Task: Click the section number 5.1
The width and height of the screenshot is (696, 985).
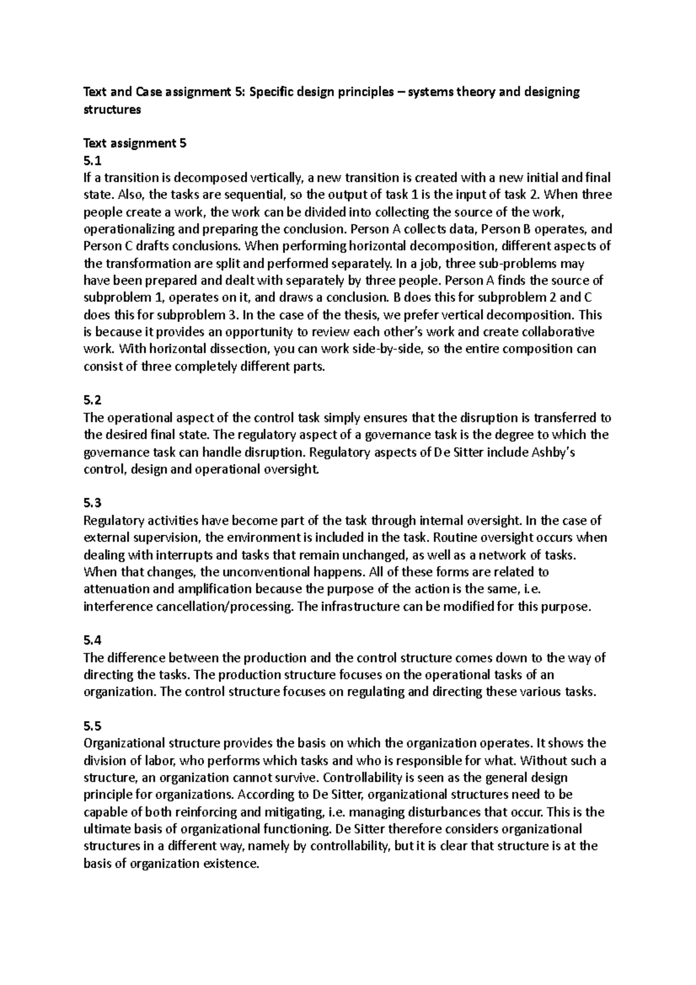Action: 92,160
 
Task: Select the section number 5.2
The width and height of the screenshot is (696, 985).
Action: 92,400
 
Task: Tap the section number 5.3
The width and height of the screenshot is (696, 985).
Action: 92,503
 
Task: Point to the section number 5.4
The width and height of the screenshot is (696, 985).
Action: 92,640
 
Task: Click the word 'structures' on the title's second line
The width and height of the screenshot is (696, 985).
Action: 113,109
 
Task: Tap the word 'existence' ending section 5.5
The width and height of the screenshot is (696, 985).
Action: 228,863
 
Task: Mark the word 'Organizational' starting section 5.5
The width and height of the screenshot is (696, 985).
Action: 123,743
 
